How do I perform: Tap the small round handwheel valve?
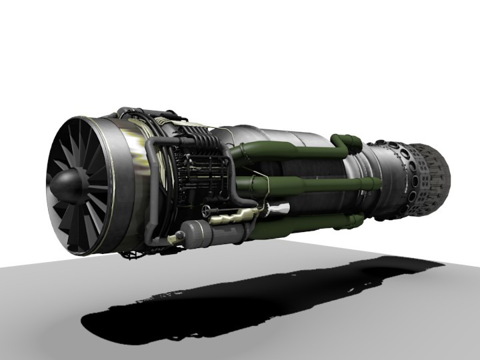(x=213, y=211)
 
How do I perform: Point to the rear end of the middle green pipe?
(x=370, y=184)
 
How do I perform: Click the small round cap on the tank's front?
(x=179, y=237)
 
